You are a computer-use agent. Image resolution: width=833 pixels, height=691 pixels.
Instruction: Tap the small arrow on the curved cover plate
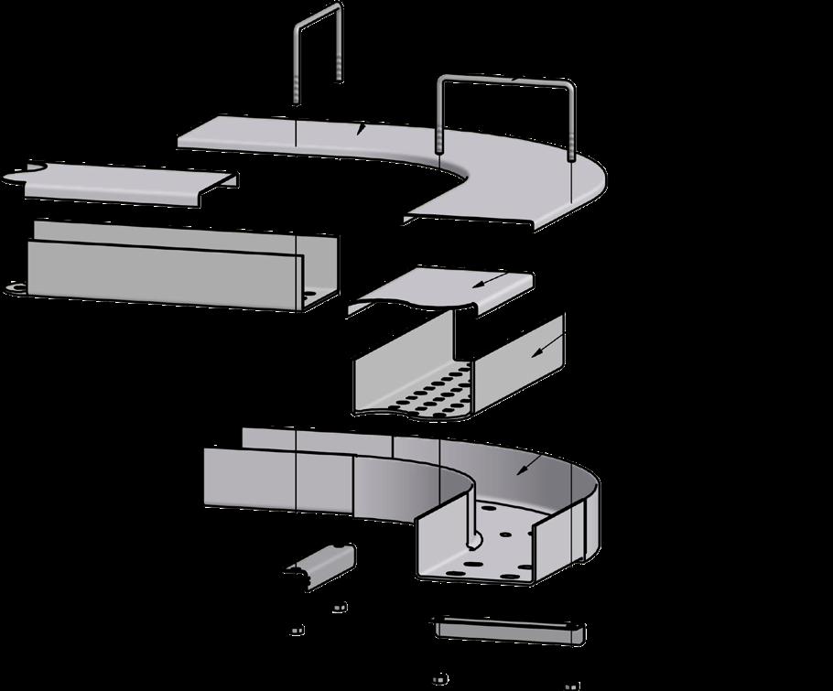[x=362, y=130]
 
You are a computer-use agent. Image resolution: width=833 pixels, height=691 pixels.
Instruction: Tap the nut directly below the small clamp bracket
[x=339, y=606]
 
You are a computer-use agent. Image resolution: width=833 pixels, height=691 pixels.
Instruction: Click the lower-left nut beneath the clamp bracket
[x=296, y=630]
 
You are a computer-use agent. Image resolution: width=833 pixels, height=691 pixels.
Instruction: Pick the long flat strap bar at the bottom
[x=507, y=630]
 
